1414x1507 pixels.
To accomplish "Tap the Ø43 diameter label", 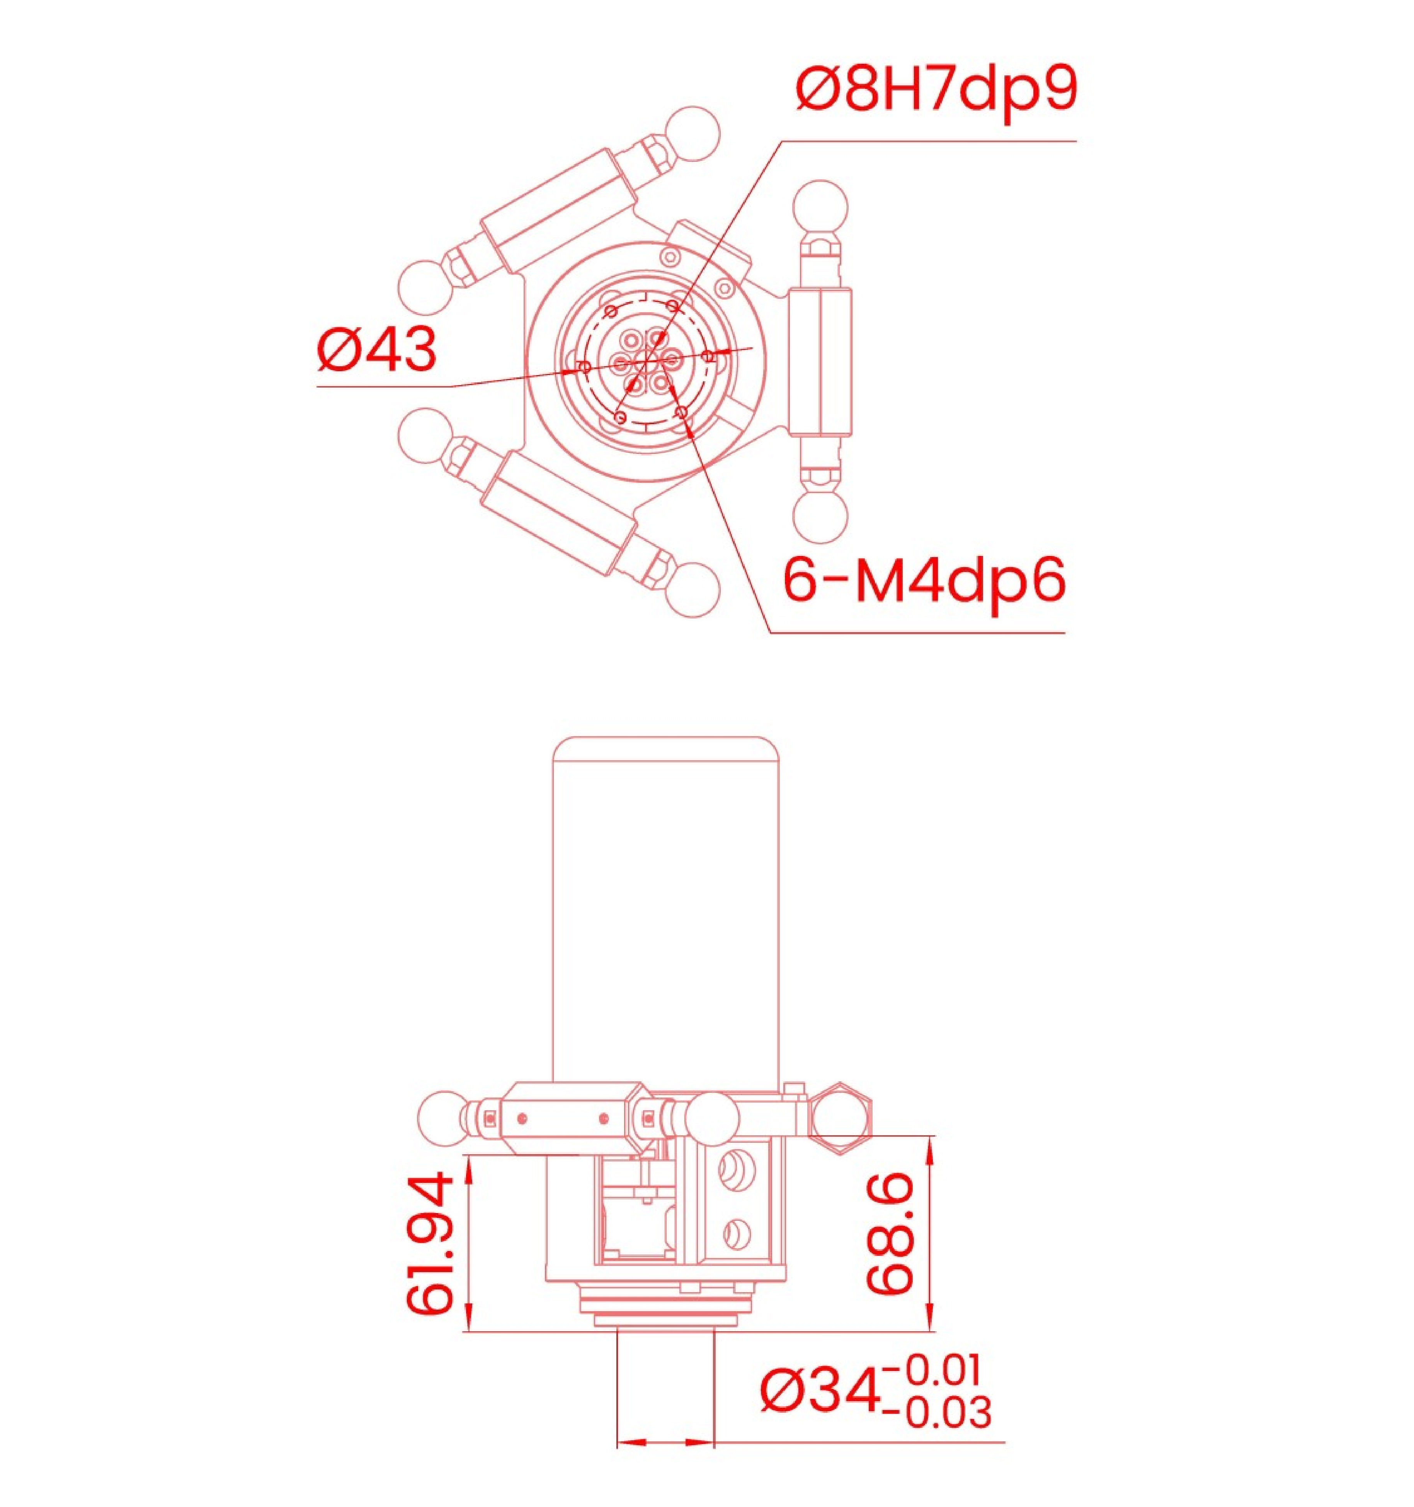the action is (377, 350).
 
